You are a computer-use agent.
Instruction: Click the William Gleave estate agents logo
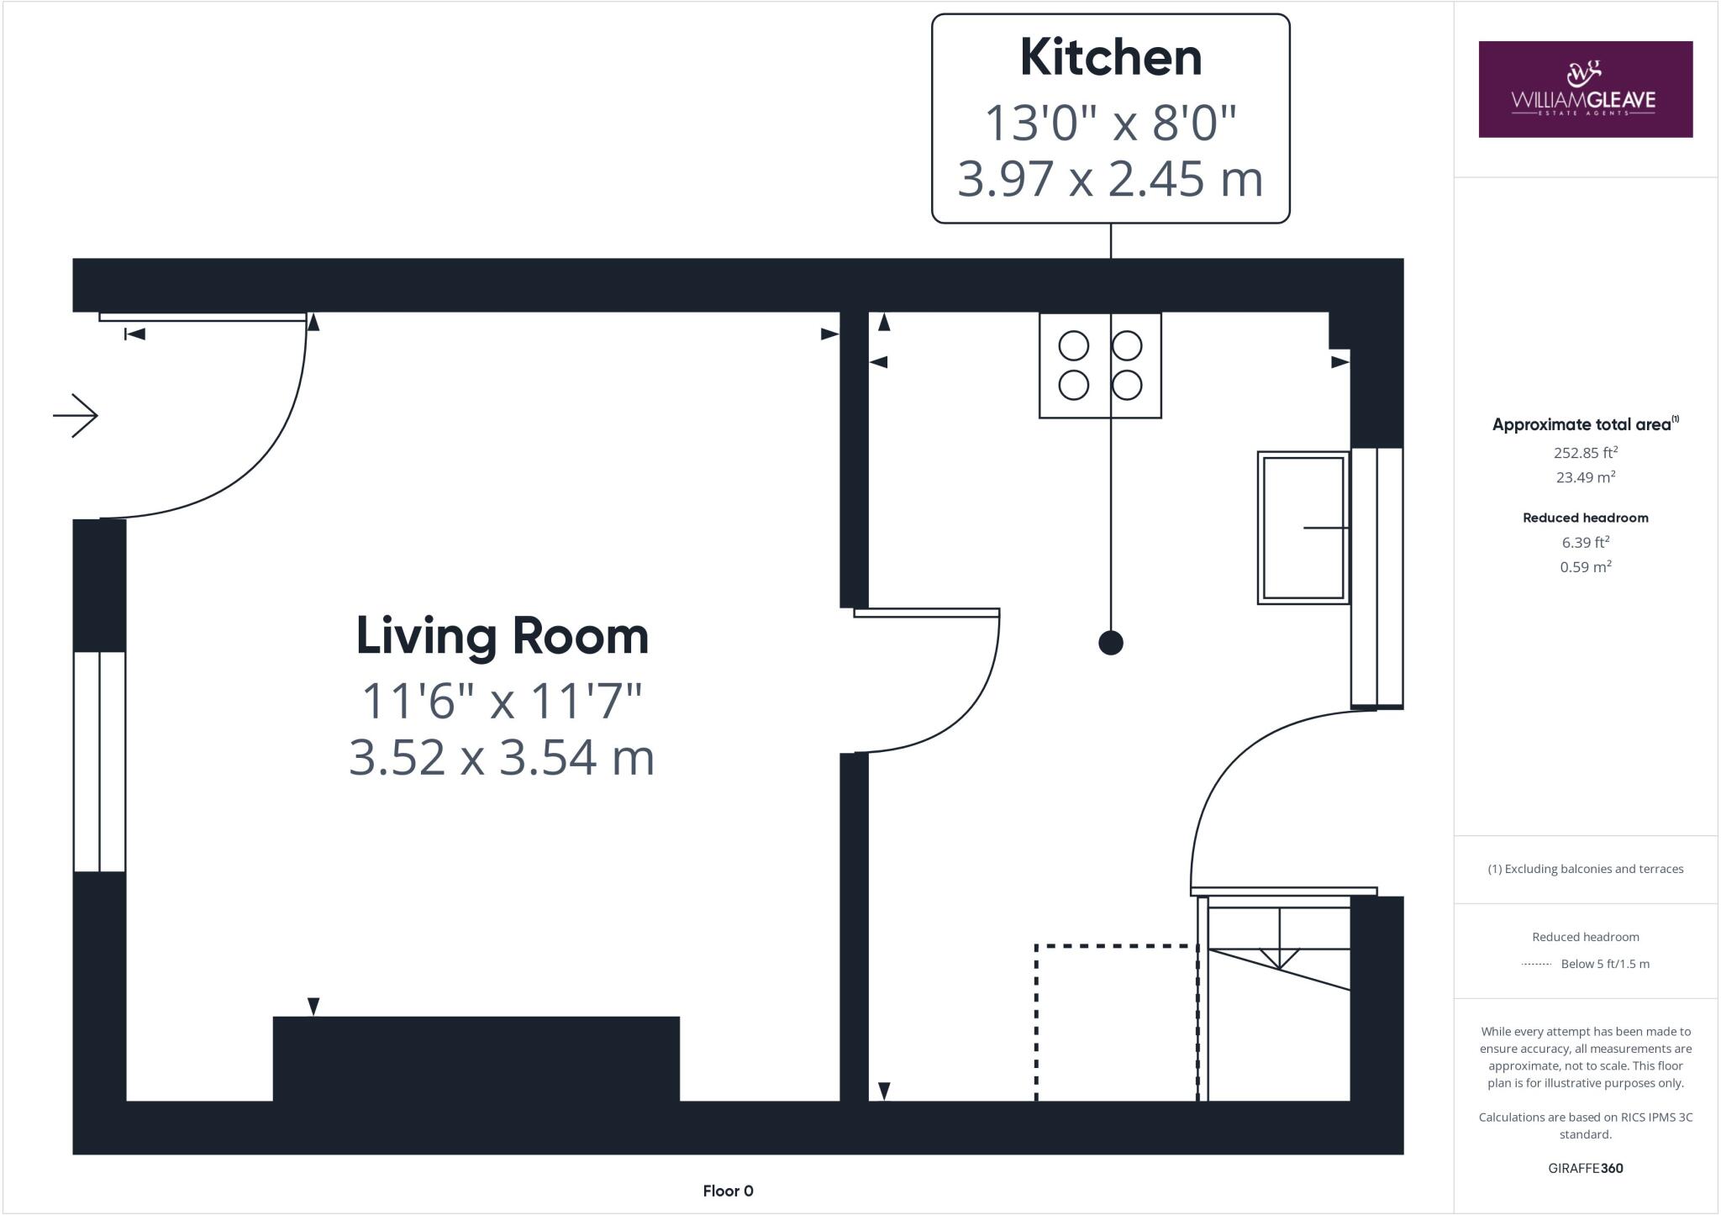click(1585, 89)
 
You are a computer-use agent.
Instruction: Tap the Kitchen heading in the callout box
click(1110, 58)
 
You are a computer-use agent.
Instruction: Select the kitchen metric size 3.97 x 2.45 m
click(1110, 179)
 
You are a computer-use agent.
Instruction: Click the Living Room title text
click(503, 636)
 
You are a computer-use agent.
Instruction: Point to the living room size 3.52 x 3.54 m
click(502, 757)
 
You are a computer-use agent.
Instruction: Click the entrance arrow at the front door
click(76, 415)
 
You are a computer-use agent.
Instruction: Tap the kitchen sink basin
click(1303, 528)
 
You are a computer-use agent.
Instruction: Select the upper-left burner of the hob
click(1073, 345)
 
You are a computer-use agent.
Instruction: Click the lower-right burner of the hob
click(1127, 386)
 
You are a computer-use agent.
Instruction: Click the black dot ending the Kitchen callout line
click(1111, 643)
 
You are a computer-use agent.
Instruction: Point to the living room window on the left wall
click(100, 761)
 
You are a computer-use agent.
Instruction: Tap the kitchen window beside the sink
click(1376, 577)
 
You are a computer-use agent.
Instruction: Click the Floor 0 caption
click(728, 1191)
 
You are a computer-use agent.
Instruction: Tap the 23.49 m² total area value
click(1585, 477)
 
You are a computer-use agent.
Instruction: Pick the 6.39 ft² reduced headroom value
click(1585, 543)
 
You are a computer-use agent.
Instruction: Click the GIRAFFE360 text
click(1585, 1168)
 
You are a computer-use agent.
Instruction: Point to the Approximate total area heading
click(1582, 425)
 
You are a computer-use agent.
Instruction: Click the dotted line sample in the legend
click(1536, 965)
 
